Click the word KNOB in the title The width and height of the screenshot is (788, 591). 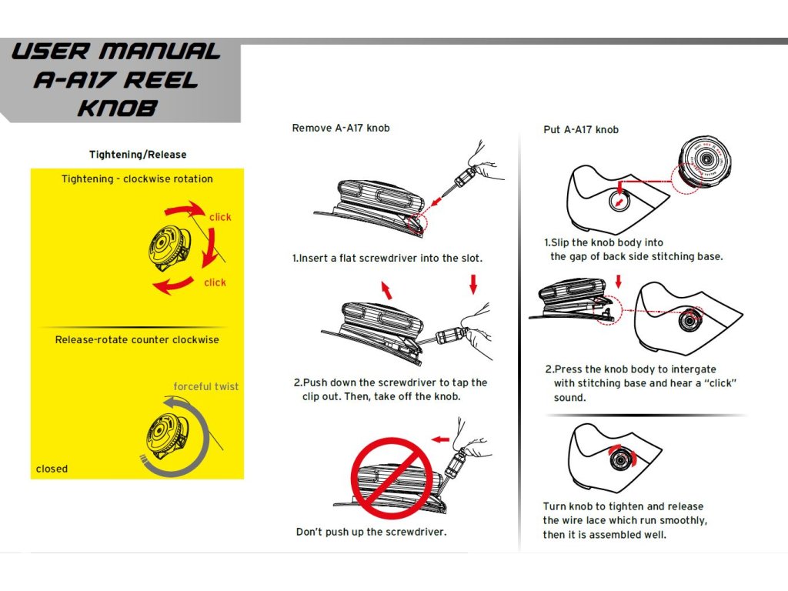pos(118,107)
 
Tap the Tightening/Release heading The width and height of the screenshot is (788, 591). pos(138,155)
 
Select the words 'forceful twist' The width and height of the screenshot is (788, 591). pos(206,386)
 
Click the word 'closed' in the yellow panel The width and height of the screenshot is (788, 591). pos(52,469)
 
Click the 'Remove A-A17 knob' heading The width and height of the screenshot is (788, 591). pos(341,128)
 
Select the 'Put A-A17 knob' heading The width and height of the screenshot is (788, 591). pos(581,129)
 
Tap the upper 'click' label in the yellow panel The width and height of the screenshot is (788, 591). pos(220,217)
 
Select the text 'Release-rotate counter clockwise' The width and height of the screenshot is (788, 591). pos(137,339)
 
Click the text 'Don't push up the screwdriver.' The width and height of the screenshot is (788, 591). pos(371,532)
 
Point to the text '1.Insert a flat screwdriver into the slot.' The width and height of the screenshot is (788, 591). pos(387,259)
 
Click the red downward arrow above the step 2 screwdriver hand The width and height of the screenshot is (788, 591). pos(473,285)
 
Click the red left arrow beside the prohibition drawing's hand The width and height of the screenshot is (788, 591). pos(440,439)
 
